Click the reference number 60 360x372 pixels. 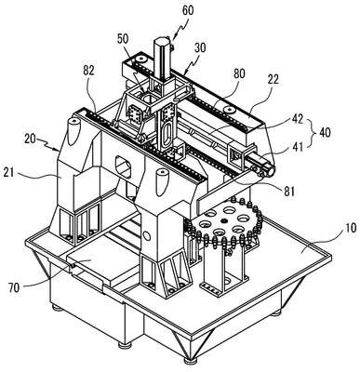point(188,10)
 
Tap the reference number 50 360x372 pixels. point(123,39)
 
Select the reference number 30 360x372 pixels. point(200,47)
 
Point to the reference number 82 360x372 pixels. point(88,71)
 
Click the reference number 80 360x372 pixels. point(239,74)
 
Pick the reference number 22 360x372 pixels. point(273,79)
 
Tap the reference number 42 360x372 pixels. point(297,119)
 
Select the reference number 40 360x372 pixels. point(325,132)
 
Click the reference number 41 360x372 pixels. point(297,145)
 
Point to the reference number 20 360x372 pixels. point(31,139)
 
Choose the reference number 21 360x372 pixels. point(8,172)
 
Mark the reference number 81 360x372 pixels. point(288,192)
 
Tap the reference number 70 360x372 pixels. point(14,288)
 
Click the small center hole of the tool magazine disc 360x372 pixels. point(224,220)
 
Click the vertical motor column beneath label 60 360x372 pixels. point(162,59)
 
